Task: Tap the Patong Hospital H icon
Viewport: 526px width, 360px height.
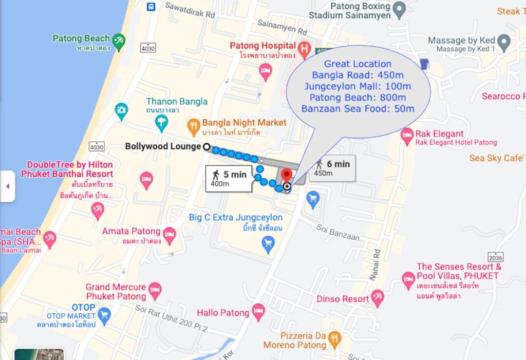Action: tap(305, 49)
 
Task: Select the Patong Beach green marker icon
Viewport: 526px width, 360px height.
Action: tap(119, 41)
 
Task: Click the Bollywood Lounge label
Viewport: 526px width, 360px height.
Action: tap(163, 147)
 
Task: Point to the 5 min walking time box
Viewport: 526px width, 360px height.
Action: tap(229, 179)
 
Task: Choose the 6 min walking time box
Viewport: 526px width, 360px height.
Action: tap(332, 168)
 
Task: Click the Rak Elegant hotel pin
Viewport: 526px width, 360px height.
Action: tap(407, 136)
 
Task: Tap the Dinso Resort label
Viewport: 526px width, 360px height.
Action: tap(343, 299)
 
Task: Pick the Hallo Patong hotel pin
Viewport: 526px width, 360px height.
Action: tap(258, 311)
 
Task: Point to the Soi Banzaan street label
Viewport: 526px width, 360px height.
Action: tap(338, 232)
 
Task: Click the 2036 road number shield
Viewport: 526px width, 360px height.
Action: tap(496, 257)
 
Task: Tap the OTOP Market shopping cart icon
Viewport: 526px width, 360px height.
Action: tap(104, 313)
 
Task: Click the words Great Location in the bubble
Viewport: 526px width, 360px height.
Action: tap(358, 64)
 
